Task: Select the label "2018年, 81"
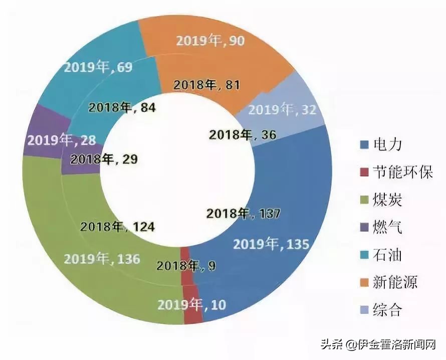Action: [206, 85]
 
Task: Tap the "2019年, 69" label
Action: [99, 67]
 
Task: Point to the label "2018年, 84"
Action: [122, 107]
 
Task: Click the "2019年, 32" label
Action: [283, 109]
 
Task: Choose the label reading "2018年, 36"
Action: [242, 134]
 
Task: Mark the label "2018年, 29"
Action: [104, 159]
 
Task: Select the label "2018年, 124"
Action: [117, 227]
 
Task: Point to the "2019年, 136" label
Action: [102, 259]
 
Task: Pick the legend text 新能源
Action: [394, 282]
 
